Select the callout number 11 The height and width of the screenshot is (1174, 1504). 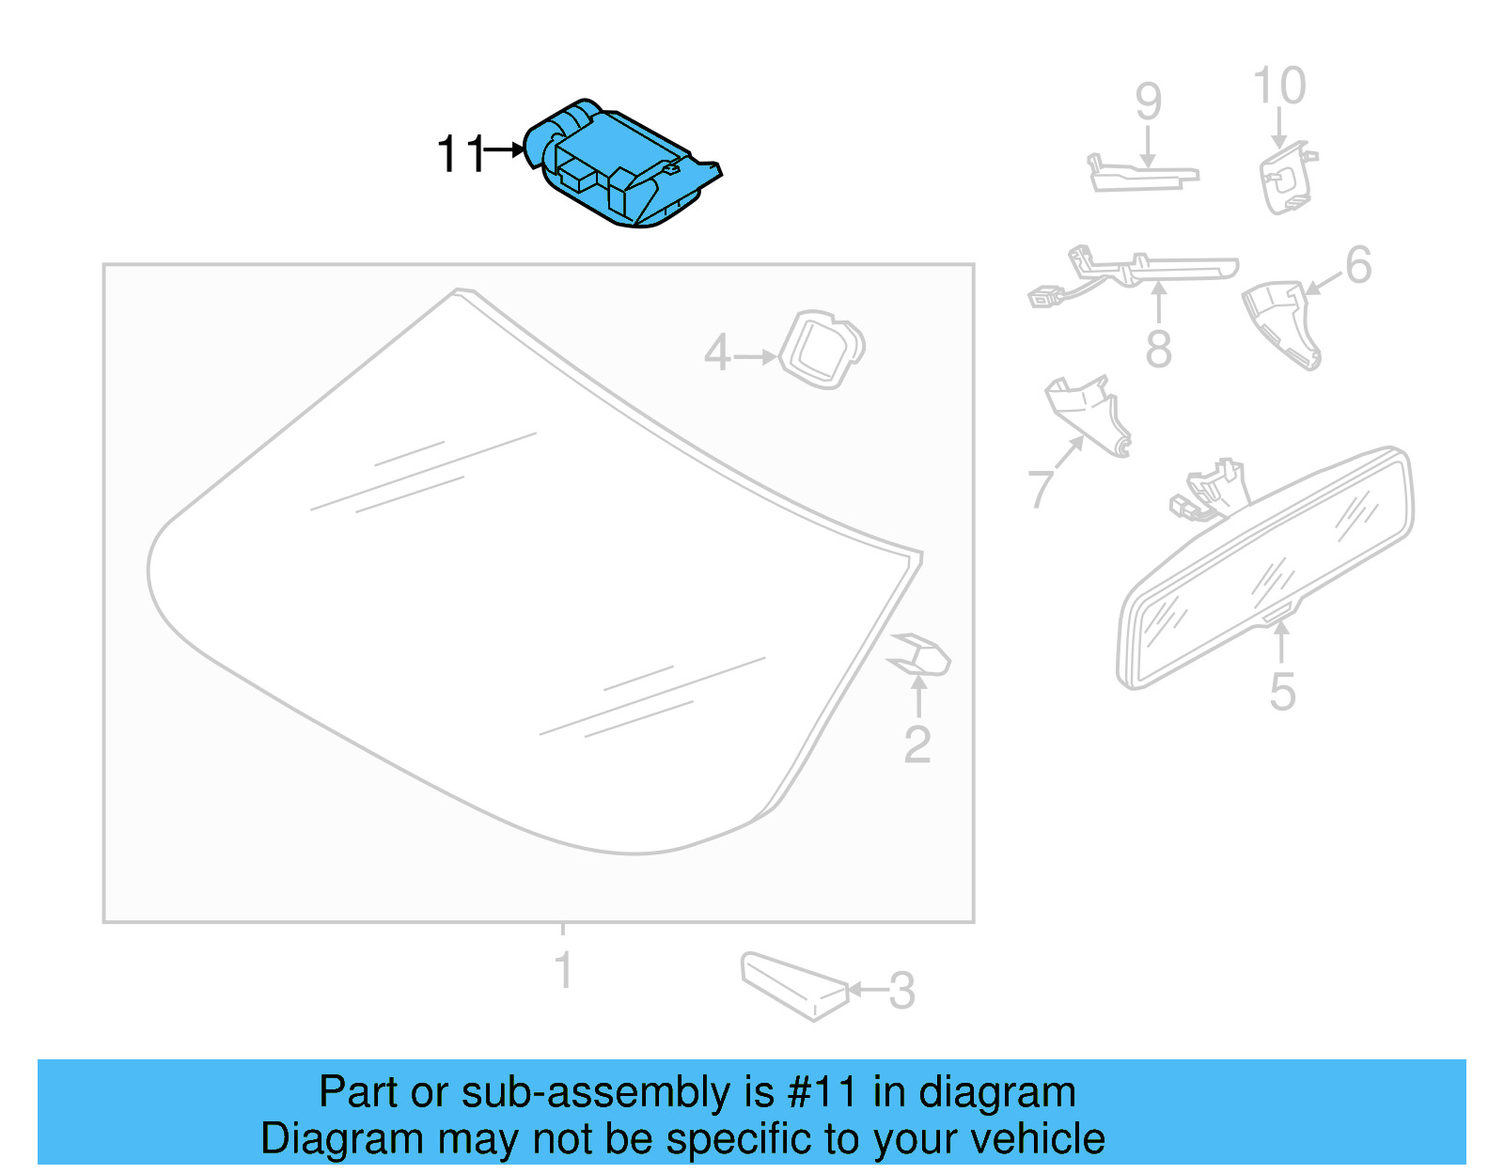tap(461, 153)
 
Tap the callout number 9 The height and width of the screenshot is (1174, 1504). tap(1148, 102)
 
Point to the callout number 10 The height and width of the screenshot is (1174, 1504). tap(1279, 86)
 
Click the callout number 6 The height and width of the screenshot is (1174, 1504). tap(1358, 265)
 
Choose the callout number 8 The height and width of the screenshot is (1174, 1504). tap(1158, 349)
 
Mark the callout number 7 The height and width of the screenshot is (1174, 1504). tap(1040, 487)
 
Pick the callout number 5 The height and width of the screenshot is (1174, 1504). tap(1282, 691)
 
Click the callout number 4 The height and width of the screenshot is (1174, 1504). tap(717, 353)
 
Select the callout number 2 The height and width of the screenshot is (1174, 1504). tap(916, 744)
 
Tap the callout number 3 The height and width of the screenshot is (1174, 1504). tap(901, 991)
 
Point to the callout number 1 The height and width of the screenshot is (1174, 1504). tap(563, 970)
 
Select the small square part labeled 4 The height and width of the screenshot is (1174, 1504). tap(822, 349)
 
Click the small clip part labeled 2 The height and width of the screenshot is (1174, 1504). tap(921, 654)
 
